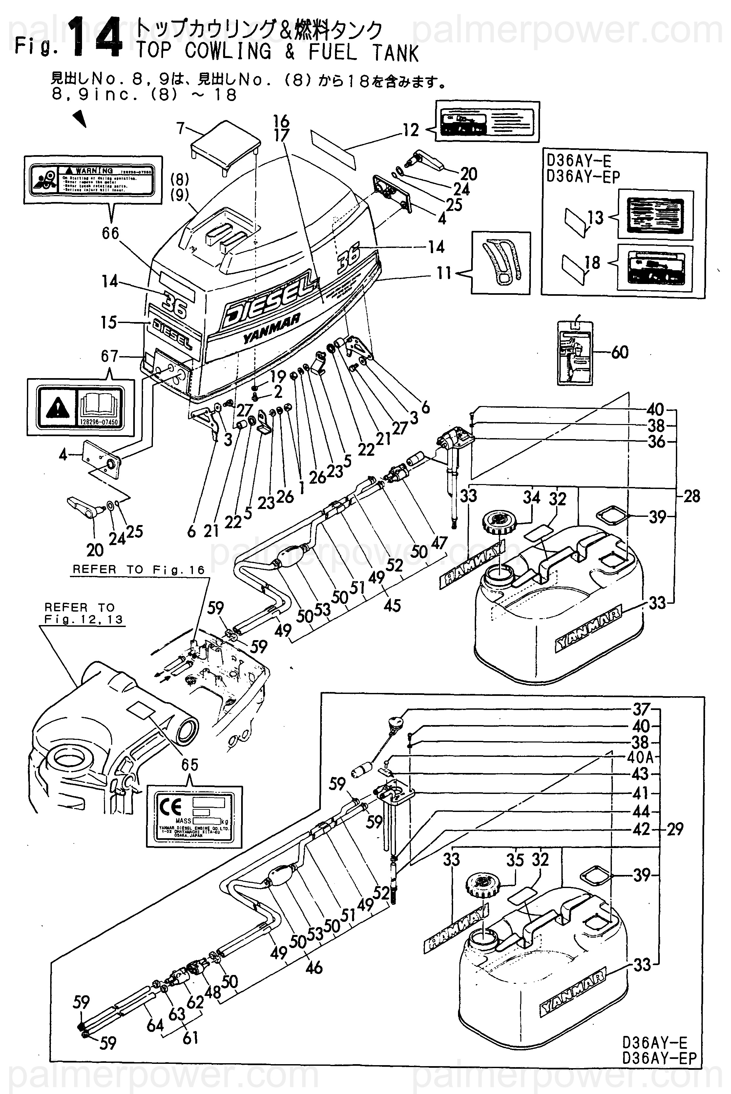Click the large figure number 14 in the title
coord(95,38)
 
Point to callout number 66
coord(111,233)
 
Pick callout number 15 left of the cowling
coord(109,322)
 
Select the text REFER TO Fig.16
coord(138,570)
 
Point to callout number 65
coord(190,765)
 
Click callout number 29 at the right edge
coord(675,829)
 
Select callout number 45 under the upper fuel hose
coord(392,605)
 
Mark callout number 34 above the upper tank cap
coord(531,497)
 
